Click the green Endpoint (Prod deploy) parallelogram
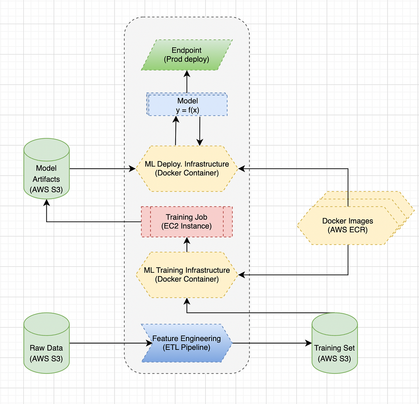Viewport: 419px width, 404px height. pyautogui.click(x=187, y=55)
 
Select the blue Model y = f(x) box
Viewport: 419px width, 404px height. pyautogui.click(x=187, y=104)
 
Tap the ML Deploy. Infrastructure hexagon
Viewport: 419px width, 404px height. pyautogui.click(x=187, y=169)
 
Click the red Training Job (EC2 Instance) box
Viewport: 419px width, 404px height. pyautogui.click(x=187, y=222)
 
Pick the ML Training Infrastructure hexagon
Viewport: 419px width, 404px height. pyautogui.click(x=187, y=275)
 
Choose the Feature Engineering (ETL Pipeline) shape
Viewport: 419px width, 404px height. pyautogui.click(x=187, y=343)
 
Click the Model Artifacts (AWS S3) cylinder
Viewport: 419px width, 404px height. pyautogui.click(x=46, y=175)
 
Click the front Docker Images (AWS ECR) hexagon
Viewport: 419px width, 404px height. pyautogui.click(x=347, y=226)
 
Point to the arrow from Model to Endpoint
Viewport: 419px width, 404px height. pyautogui.click(x=187, y=82)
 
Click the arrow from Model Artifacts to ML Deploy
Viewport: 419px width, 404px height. pyautogui.click(x=101, y=169)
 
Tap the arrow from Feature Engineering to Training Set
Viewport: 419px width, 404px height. pyautogui.click(x=272, y=343)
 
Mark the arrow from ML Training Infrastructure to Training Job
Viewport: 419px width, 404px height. pyautogui.click(x=187, y=245)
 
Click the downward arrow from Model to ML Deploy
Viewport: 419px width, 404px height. pyautogui.click(x=200, y=131)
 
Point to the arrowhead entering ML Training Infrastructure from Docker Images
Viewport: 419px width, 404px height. pyautogui.click(x=241, y=275)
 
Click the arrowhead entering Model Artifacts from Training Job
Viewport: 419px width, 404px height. pyautogui.click(x=46, y=203)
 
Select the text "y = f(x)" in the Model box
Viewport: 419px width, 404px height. pyautogui.click(x=188, y=110)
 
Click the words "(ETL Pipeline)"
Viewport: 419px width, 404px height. pyautogui.click(x=186, y=347)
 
